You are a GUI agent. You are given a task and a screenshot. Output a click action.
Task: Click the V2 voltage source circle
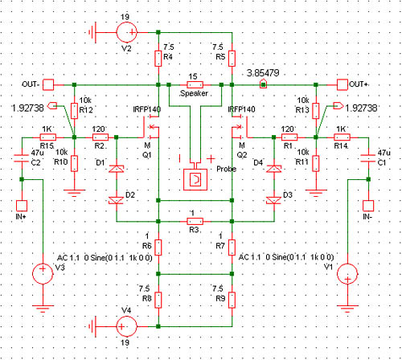tap(127, 32)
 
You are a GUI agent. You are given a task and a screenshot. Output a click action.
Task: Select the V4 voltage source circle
tap(126, 326)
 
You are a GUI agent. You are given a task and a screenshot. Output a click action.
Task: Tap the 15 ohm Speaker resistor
tap(195, 85)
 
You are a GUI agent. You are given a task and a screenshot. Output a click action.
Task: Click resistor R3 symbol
tap(195, 221)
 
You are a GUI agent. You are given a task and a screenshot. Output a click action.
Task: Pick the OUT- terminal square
tap(48, 84)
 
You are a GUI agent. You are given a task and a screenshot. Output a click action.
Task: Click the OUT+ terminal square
tap(343, 84)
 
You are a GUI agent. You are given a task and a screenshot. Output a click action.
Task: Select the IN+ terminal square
tap(22, 206)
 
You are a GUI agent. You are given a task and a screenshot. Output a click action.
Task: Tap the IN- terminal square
tap(368, 206)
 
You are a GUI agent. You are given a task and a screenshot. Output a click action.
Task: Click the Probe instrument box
tap(195, 179)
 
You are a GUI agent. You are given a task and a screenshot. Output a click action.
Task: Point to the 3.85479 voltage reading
tap(263, 73)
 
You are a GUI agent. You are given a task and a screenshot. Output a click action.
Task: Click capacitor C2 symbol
tap(22, 158)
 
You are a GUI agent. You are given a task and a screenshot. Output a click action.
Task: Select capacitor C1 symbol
tap(368, 158)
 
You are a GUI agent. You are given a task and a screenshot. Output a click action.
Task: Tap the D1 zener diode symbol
tap(117, 169)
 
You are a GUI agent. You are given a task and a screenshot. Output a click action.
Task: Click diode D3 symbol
tap(274, 200)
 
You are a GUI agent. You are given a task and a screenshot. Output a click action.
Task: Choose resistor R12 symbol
tap(75, 111)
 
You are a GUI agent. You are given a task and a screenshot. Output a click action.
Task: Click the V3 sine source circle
tap(43, 273)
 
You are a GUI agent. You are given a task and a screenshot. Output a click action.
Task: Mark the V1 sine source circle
tap(347, 273)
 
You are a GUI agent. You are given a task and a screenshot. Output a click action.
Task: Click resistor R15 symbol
tap(48, 137)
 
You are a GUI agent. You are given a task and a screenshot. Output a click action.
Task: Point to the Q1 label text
tap(147, 155)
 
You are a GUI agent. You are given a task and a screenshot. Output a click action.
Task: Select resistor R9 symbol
tap(232, 300)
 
